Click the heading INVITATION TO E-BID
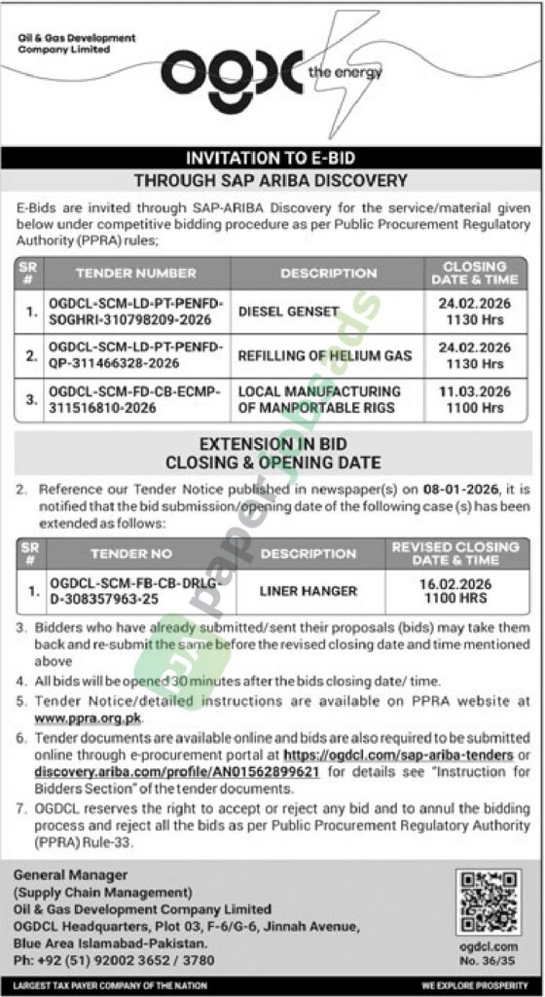[x=270, y=158]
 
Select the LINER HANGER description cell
[x=309, y=590]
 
